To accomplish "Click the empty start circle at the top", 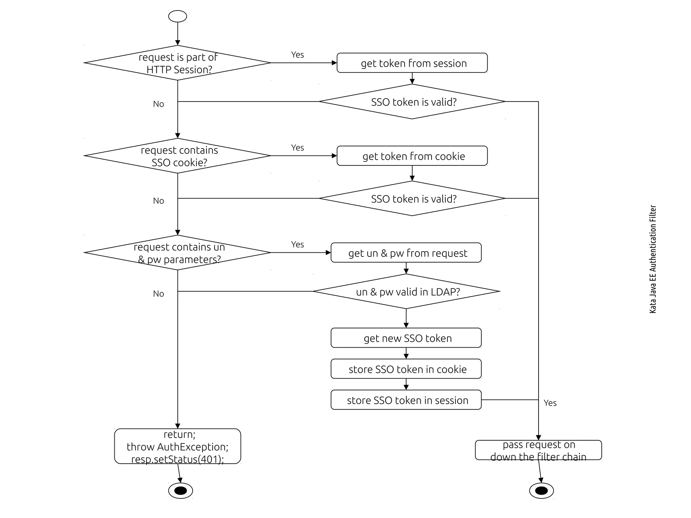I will (x=177, y=16).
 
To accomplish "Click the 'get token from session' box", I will (x=412, y=63).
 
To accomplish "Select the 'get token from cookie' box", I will (x=412, y=156).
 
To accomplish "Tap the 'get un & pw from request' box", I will (x=406, y=253).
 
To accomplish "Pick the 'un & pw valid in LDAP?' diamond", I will (x=406, y=291).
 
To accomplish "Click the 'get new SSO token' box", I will (x=406, y=338).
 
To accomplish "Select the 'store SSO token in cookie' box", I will (x=406, y=369).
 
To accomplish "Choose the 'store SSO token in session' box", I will (x=406, y=400).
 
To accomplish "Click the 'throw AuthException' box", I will (x=177, y=446).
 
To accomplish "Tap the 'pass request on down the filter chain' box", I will (x=538, y=450).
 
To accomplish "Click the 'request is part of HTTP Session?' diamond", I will (x=177, y=63).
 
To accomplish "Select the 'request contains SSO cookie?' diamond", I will (x=177, y=156).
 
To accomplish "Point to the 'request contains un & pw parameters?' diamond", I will (x=177, y=253).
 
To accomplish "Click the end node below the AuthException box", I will (x=181, y=491).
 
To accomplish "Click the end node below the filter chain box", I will (x=541, y=491).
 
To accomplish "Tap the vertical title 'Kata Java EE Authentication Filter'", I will (x=653, y=259).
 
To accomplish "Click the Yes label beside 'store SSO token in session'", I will (x=550, y=403).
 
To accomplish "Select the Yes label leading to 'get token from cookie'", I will (x=297, y=147).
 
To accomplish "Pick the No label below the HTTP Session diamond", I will (x=158, y=104).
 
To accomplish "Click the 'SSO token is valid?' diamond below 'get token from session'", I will (x=412, y=102).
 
